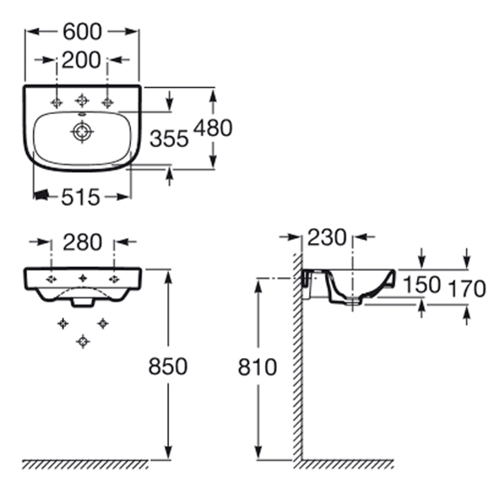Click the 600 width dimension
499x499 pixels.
82,32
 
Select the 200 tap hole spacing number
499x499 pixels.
81,60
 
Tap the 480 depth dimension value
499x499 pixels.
213,128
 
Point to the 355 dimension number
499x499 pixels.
169,138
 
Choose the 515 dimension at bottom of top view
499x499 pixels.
80,197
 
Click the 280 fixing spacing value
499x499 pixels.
82,242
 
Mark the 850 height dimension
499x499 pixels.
168,366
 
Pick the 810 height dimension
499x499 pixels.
257,367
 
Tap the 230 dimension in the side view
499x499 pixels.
327,238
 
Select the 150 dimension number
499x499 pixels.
422,284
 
